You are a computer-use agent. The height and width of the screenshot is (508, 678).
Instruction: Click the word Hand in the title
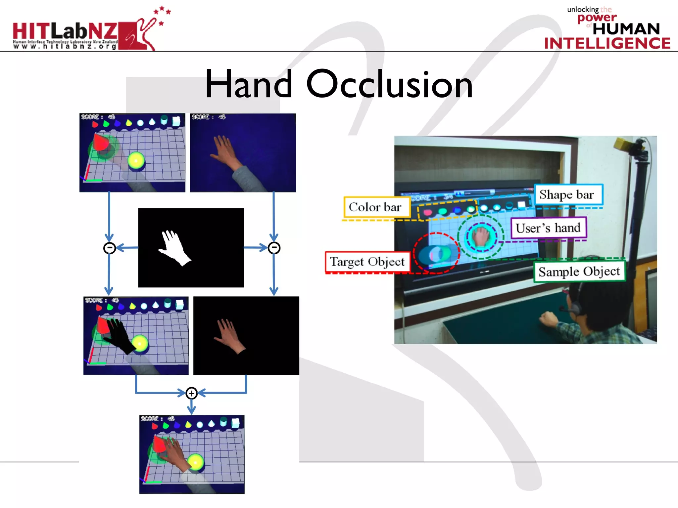click(249, 84)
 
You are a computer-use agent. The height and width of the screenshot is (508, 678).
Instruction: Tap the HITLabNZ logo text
click(65, 31)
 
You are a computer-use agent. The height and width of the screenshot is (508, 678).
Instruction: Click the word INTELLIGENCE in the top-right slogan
click(607, 44)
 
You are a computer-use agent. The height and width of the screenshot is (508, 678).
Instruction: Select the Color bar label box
click(376, 207)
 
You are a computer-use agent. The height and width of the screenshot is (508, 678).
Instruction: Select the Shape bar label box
click(568, 195)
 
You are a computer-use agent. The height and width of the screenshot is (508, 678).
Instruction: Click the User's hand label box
click(548, 228)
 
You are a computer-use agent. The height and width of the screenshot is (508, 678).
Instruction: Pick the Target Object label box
click(367, 262)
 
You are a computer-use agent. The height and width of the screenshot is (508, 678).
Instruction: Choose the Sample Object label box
click(579, 272)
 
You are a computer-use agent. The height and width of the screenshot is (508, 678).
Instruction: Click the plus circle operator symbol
click(191, 393)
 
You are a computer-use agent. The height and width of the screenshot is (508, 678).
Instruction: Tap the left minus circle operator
click(110, 248)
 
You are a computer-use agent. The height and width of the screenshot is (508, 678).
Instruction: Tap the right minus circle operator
click(274, 248)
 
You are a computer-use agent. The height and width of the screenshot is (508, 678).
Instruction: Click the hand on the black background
click(230, 335)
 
